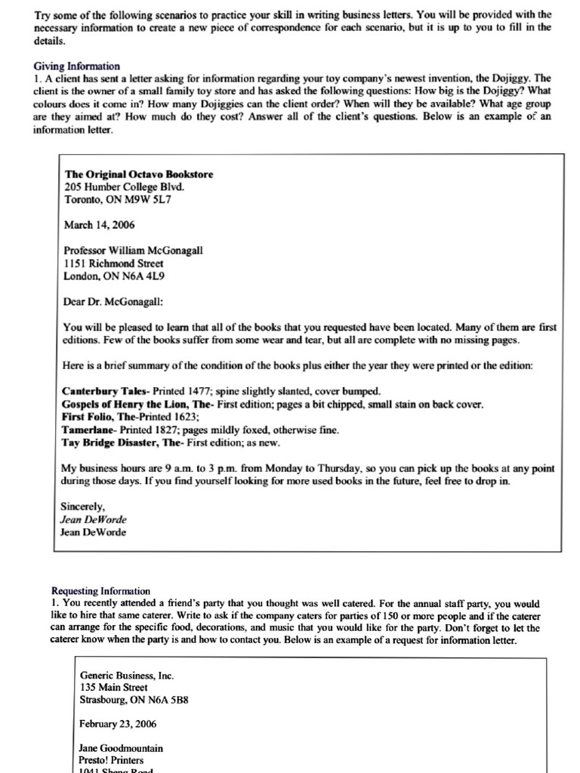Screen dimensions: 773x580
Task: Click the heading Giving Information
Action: (x=76, y=66)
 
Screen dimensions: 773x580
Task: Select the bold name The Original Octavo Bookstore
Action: (x=139, y=174)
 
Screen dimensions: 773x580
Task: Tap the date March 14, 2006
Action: (x=100, y=225)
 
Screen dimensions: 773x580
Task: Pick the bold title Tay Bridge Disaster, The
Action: (x=122, y=443)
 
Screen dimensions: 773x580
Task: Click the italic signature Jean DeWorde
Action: (x=94, y=519)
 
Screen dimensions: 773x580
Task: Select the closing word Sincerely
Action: (x=82, y=507)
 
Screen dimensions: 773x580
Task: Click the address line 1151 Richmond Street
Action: (x=113, y=263)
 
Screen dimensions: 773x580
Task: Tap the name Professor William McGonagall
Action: (x=133, y=251)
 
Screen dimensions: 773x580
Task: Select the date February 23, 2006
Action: (x=118, y=724)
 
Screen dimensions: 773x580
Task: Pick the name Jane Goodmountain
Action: (x=121, y=749)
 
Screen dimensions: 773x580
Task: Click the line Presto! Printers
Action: (x=111, y=761)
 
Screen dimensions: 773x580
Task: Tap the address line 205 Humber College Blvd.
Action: (x=125, y=187)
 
